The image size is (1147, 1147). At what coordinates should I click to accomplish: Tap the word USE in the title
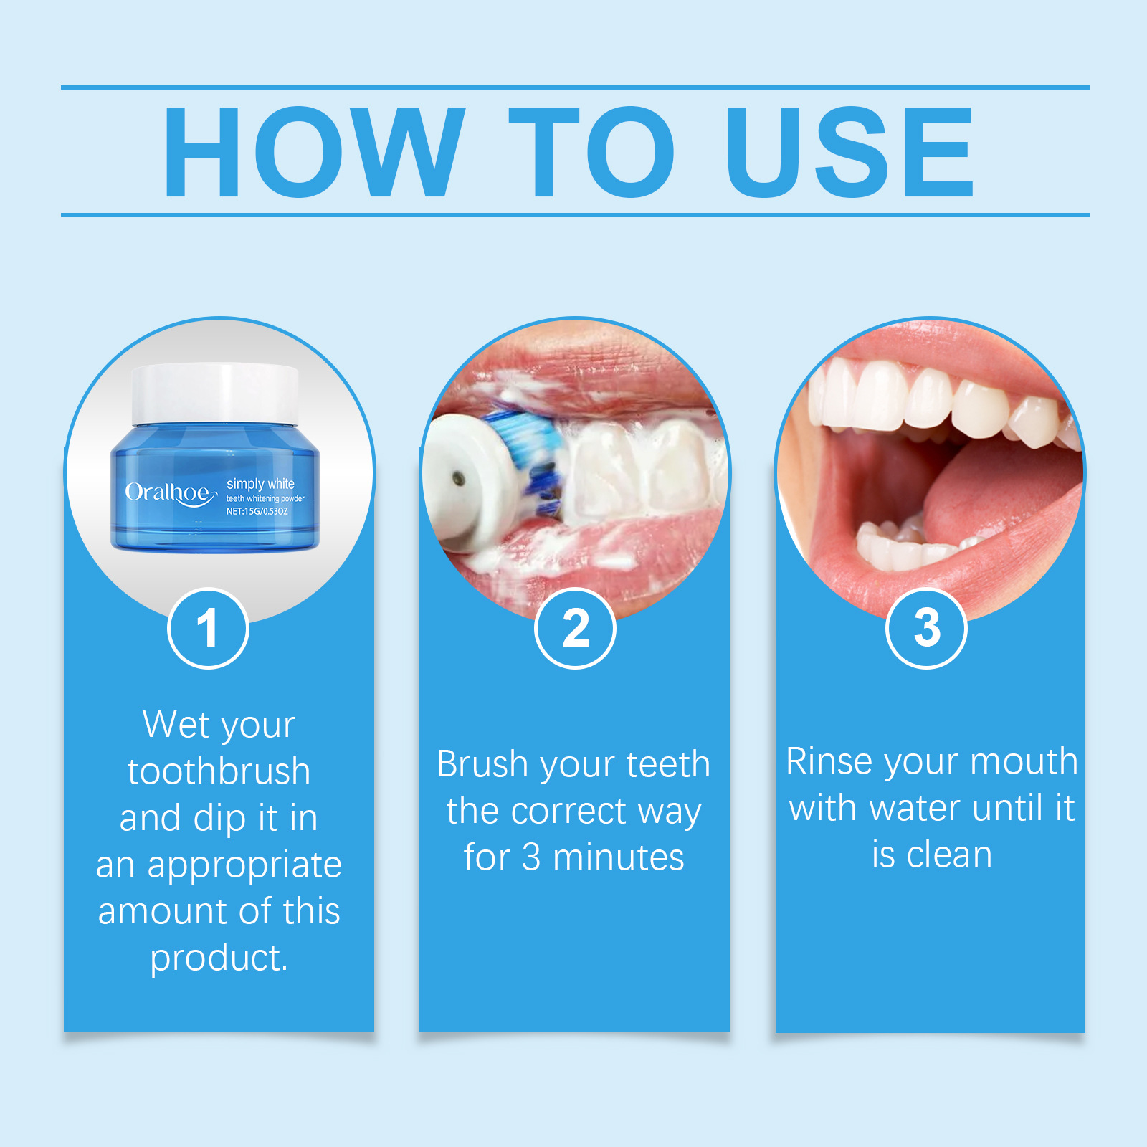pyautogui.click(x=849, y=151)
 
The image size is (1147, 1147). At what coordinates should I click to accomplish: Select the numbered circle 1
pyautogui.click(x=208, y=629)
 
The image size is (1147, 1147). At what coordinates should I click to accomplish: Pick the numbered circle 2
pyautogui.click(x=575, y=629)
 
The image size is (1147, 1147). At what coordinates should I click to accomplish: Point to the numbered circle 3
pyautogui.click(x=927, y=629)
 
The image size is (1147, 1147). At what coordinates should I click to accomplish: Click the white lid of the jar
pyautogui.click(x=215, y=394)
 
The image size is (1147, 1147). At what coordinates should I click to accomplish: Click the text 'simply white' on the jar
pyautogui.click(x=260, y=484)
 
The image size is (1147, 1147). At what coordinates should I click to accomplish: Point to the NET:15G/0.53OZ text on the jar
pyautogui.click(x=257, y=511)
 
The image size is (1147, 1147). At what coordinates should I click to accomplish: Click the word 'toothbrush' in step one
pyautogui.click(x=219, y=771)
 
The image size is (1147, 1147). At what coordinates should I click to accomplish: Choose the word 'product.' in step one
pyautogui.click(x=219, y=958)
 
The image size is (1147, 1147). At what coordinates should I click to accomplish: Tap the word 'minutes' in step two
pyautogui.click(x=618, y=857)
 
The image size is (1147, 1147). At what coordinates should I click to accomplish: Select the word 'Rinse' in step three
pyautogui.click(x=830, y=761)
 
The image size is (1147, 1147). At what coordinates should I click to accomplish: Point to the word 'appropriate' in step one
pyautogui.click(x=244, y=865)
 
